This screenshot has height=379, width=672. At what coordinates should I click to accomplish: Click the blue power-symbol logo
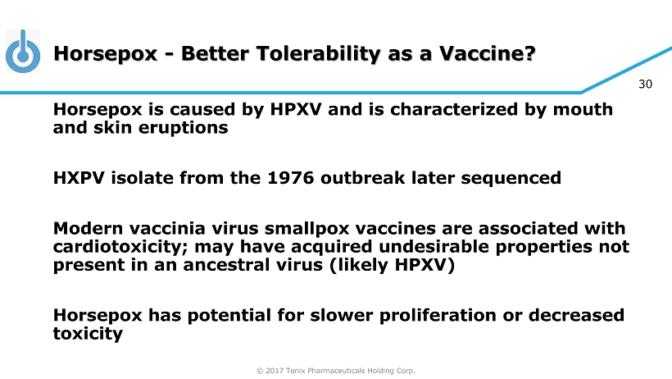(x=23, y=52)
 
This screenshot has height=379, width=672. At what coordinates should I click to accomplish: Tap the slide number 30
(x=645, y=84)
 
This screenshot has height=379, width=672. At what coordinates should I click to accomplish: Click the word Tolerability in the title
(x=319, y=54)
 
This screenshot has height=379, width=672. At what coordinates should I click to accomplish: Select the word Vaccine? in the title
(x=488, y=53)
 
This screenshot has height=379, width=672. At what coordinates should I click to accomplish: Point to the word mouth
(x=583, y=109)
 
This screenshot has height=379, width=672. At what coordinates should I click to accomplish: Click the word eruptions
(x=183, y=128)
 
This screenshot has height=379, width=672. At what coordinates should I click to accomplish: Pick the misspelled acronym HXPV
(x=79, y=178)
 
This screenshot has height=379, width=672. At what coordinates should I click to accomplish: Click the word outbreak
(x=362, y=178)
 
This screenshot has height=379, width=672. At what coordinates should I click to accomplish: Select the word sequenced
(x=511, y=179)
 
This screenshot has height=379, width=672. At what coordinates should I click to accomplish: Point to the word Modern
(x=88, y=228)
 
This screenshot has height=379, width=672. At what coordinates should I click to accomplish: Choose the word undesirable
(x=434, y=247)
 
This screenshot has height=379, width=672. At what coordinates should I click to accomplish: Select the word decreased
(x=576, y=315)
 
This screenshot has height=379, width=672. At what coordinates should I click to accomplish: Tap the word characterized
(x=454, y=109)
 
